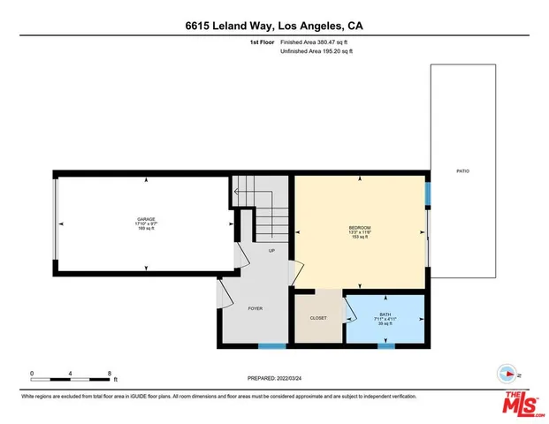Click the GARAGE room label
146,218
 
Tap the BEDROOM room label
359,229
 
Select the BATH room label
385,314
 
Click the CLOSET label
318,317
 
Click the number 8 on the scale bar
109,373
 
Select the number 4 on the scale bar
71,373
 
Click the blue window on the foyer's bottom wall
272,344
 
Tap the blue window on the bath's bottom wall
385,344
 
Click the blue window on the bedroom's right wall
427,193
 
